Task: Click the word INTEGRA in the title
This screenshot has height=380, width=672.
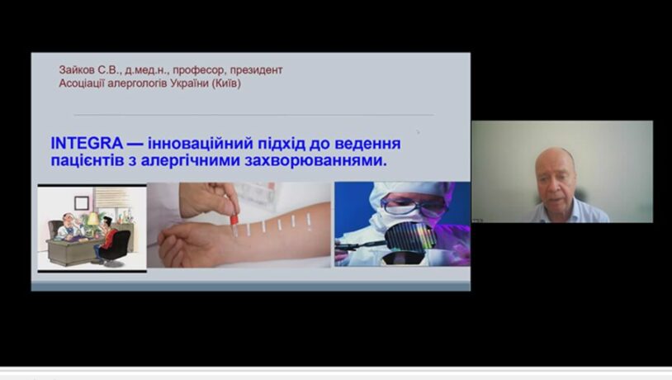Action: click(x=87, y=143)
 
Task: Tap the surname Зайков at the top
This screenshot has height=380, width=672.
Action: click(x=76, y=70)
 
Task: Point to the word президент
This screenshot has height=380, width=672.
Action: click(x=256, y=70)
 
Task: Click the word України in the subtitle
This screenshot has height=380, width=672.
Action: click(x=189, y=83)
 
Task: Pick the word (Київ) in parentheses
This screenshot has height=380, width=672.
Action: click(x=226, y=83)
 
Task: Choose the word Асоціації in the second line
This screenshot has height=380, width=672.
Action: click(x=82, y=83)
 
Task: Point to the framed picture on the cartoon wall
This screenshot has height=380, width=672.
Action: click(x=82, y=203)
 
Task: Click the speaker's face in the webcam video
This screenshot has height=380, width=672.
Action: click(x=556, y=177)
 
